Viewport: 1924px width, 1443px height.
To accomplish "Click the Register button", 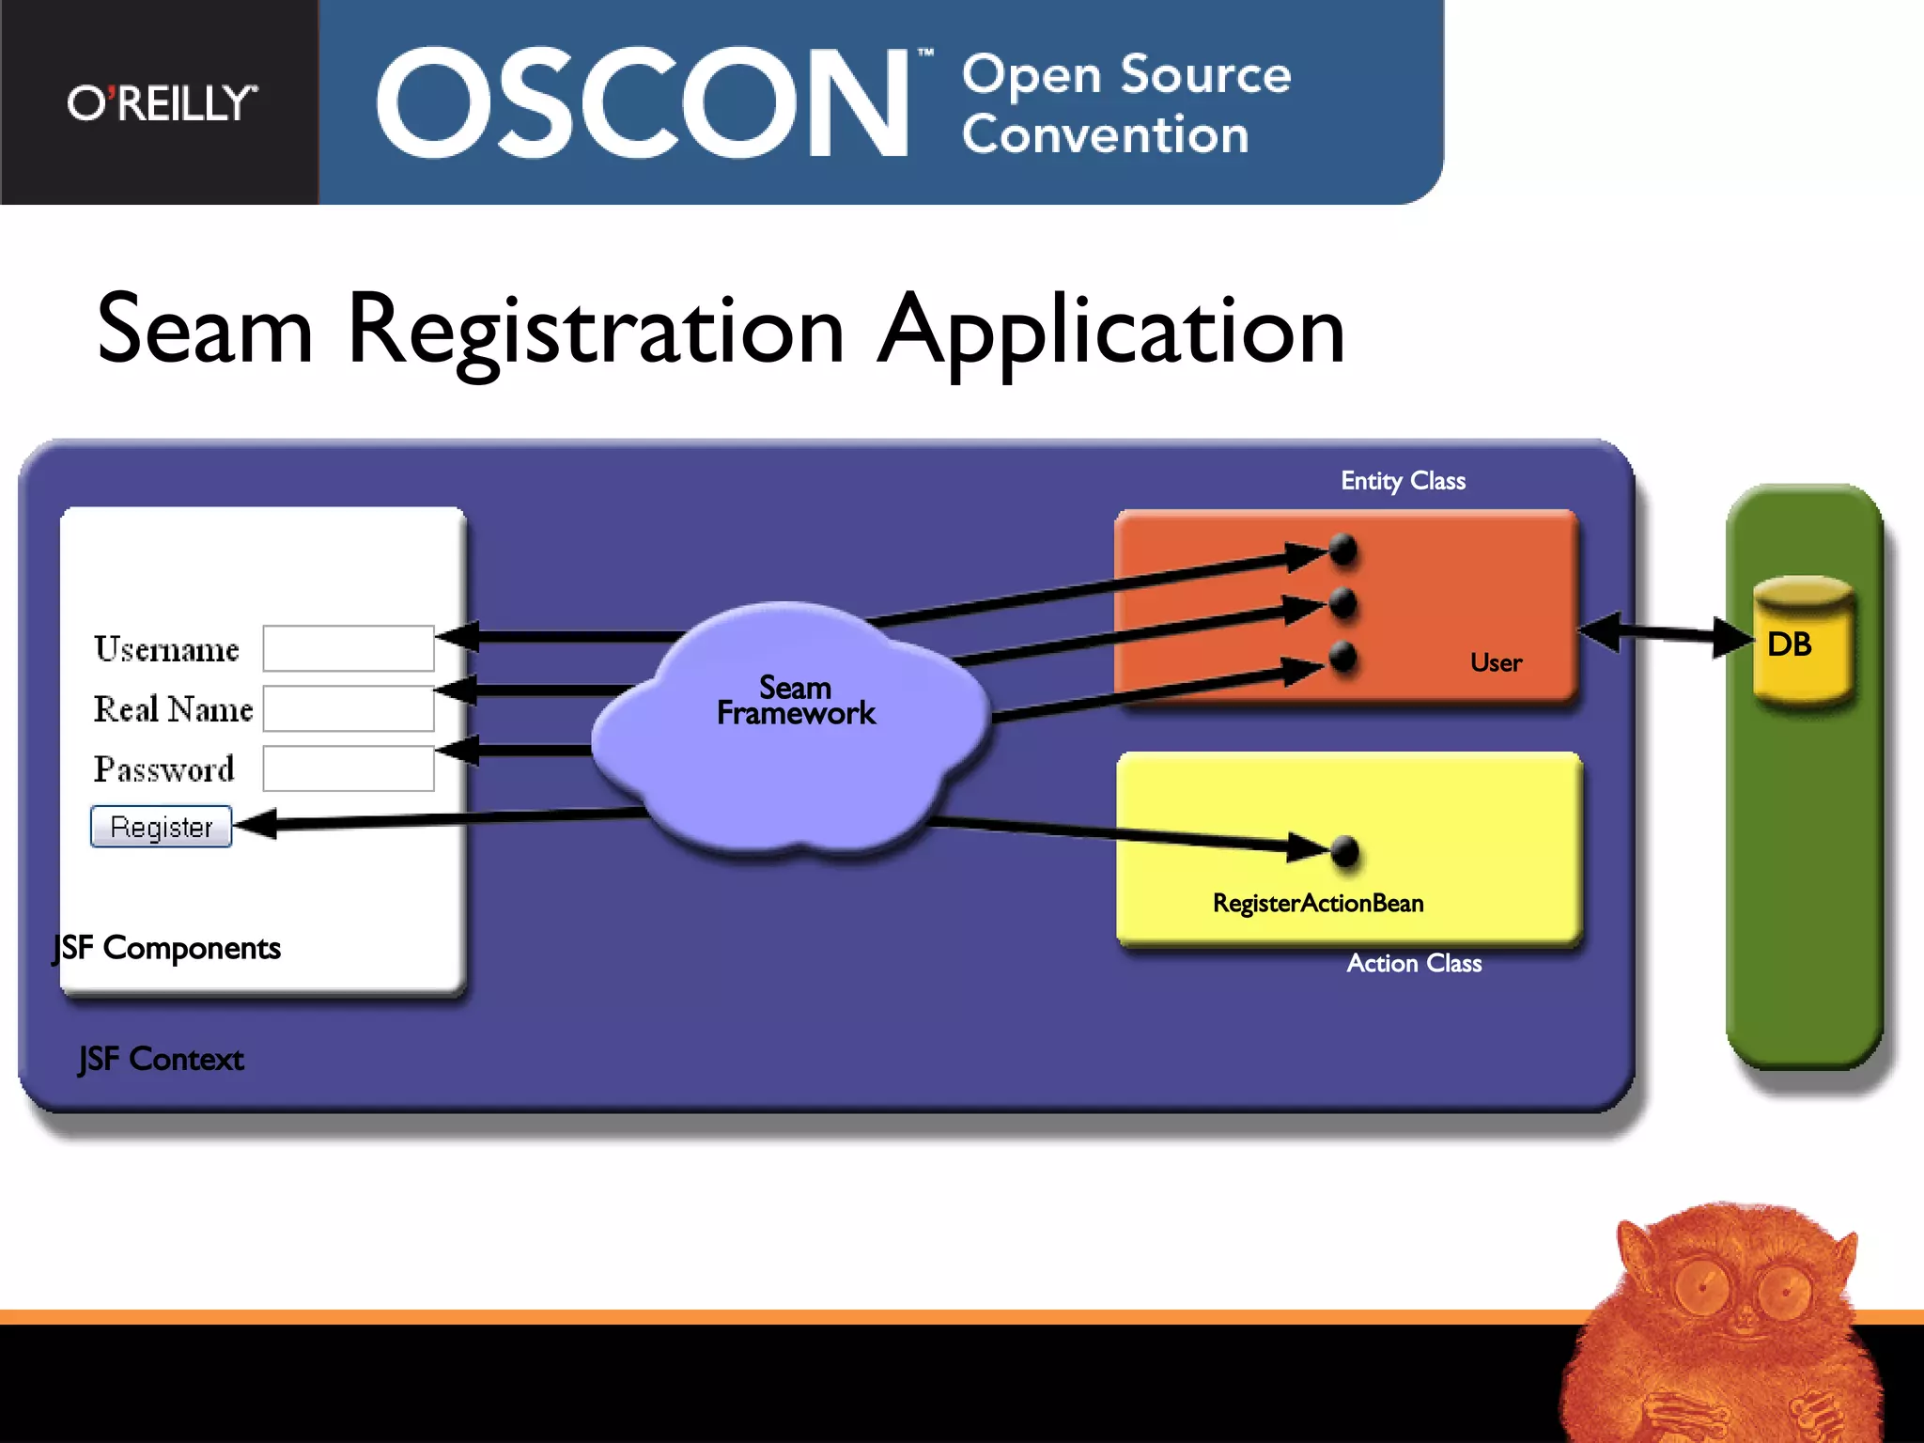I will coord(162,827).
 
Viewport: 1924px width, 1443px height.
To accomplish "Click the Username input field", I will coord(349,648).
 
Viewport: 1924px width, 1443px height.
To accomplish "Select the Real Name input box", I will coord(349,708).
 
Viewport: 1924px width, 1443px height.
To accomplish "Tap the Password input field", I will coord(349,768).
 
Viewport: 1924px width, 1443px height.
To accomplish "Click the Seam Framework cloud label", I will coord(796,701).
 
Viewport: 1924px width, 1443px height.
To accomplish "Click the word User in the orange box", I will coord(1496,663).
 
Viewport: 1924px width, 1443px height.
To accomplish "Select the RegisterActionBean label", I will coord(1318,904).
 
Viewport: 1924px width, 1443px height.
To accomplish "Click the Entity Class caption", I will coord(1403,481).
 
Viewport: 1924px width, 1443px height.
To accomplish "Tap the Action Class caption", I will coord(1414,964).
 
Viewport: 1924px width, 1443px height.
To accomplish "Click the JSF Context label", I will coord(162,1060).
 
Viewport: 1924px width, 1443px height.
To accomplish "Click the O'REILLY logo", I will coord(162,103).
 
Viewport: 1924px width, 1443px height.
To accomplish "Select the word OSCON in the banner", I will coord(643,103).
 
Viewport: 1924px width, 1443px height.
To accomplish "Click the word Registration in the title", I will coord(597,331).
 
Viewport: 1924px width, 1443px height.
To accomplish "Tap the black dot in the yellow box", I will coord(1345,851).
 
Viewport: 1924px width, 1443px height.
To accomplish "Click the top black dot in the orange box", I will coord(1343,549).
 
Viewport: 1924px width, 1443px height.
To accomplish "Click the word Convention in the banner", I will coord(1106,135).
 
